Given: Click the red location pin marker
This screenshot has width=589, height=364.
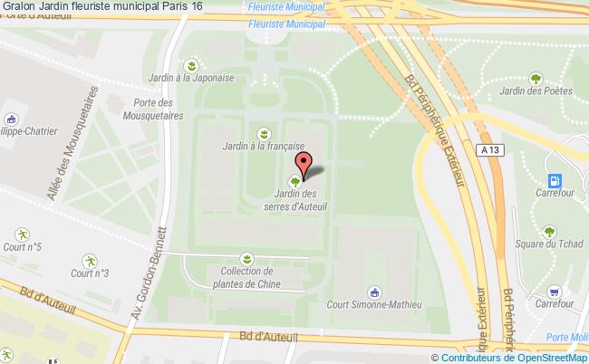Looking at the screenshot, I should point(304,164).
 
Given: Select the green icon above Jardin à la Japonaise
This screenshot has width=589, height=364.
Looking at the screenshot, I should point(191,64).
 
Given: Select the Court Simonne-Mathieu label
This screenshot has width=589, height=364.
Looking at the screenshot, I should point(374,305).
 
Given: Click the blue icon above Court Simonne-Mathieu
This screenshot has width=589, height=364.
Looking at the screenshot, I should point(373,292).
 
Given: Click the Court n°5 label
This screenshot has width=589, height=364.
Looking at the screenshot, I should point(22,247).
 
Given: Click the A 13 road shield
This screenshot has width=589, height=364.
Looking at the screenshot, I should point(490,149).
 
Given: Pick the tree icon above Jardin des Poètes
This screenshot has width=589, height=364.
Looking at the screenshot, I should point(535,78).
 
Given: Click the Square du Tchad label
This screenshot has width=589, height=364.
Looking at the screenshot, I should point(547,244).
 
